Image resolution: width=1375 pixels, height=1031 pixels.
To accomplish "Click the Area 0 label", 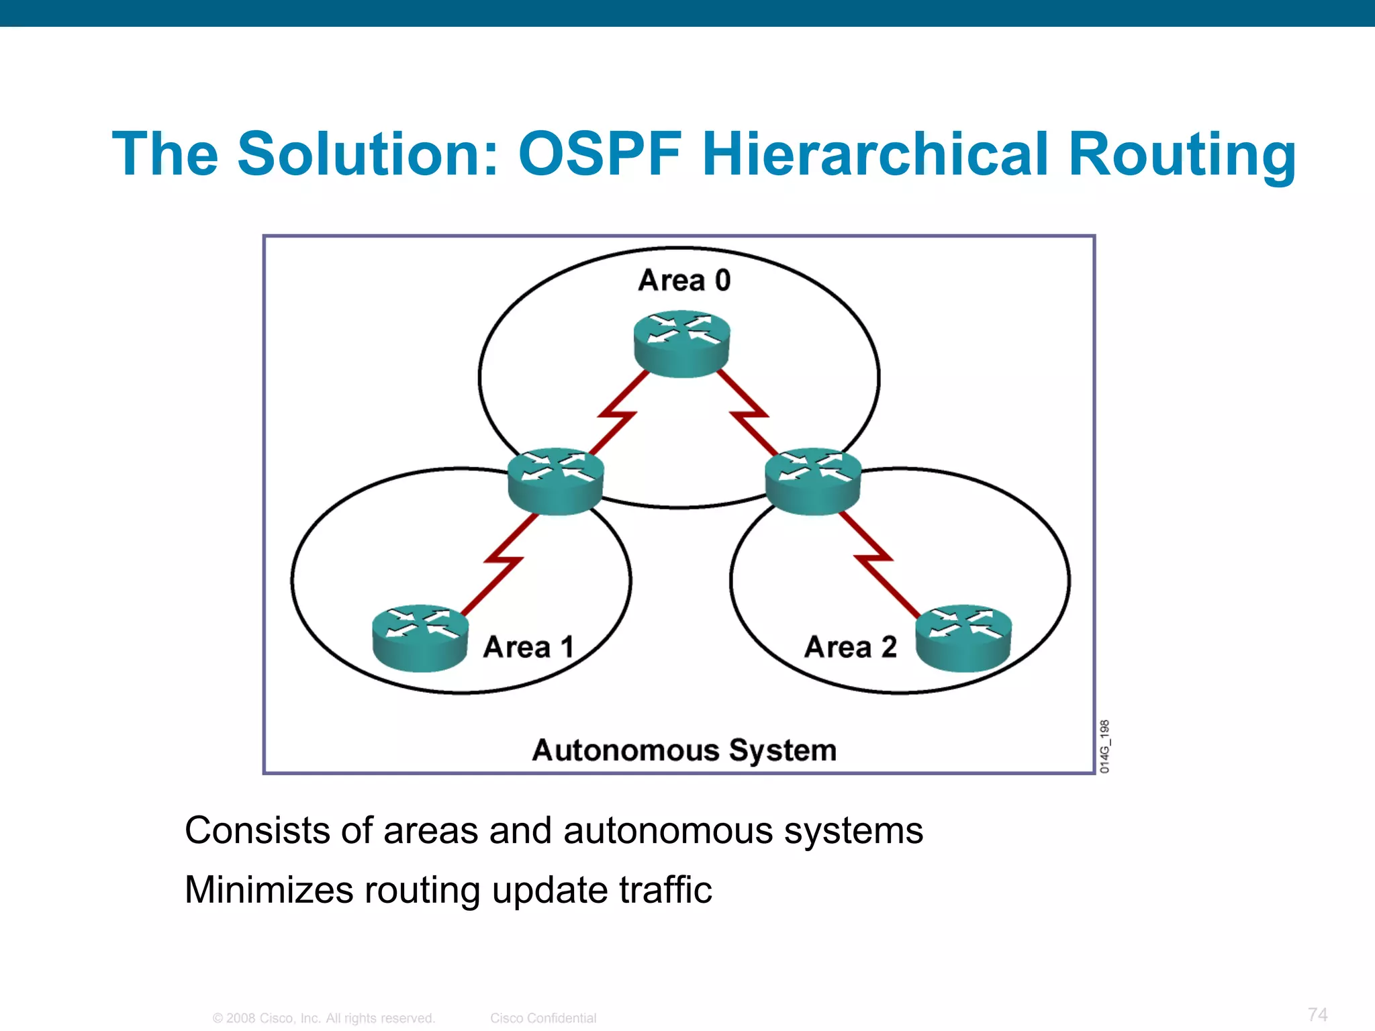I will (683, 281).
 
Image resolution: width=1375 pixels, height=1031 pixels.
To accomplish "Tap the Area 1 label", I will (528, 647).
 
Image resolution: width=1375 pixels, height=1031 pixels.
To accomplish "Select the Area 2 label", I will (851, 647).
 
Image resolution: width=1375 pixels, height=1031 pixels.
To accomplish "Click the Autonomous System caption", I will (684, 750).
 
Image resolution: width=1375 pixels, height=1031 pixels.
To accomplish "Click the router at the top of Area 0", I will (681, 343).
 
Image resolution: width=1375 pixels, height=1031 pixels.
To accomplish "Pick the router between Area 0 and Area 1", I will (555, 481).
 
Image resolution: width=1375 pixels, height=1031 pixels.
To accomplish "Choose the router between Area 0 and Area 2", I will (813, 481).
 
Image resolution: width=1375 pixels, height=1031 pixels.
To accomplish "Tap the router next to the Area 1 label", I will (420, 638).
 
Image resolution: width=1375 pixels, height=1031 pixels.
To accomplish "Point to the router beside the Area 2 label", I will (963, 638).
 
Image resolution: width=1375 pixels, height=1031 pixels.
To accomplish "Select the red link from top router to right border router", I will (748, 415).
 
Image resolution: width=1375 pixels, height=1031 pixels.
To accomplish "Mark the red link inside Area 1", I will (502, 561).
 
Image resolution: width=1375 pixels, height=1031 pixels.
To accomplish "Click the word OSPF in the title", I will (600, 154).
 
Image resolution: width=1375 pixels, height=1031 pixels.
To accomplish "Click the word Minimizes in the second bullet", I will (269, 890).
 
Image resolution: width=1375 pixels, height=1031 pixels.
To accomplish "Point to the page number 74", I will (1317, 1014).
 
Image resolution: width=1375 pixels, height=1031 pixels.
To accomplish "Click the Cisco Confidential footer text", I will (542, 1018).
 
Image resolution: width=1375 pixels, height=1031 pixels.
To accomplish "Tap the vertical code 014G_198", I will (1105, 746).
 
